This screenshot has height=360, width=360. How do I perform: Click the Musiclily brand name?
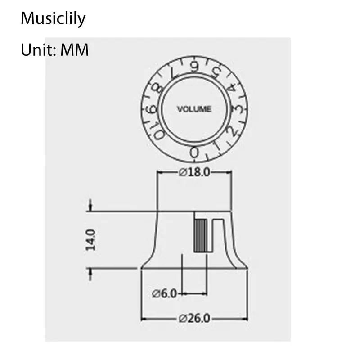(53, 19)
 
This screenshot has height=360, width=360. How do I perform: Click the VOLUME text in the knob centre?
(194, 109)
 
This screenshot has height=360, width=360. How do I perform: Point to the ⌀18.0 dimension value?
(194, 172)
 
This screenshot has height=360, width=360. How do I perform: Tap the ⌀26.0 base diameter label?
(194, 318)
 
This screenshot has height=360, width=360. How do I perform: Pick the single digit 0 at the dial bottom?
(194, 153)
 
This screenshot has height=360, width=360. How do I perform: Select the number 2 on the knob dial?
(230, 131)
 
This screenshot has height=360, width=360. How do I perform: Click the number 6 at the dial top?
(194, 67)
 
